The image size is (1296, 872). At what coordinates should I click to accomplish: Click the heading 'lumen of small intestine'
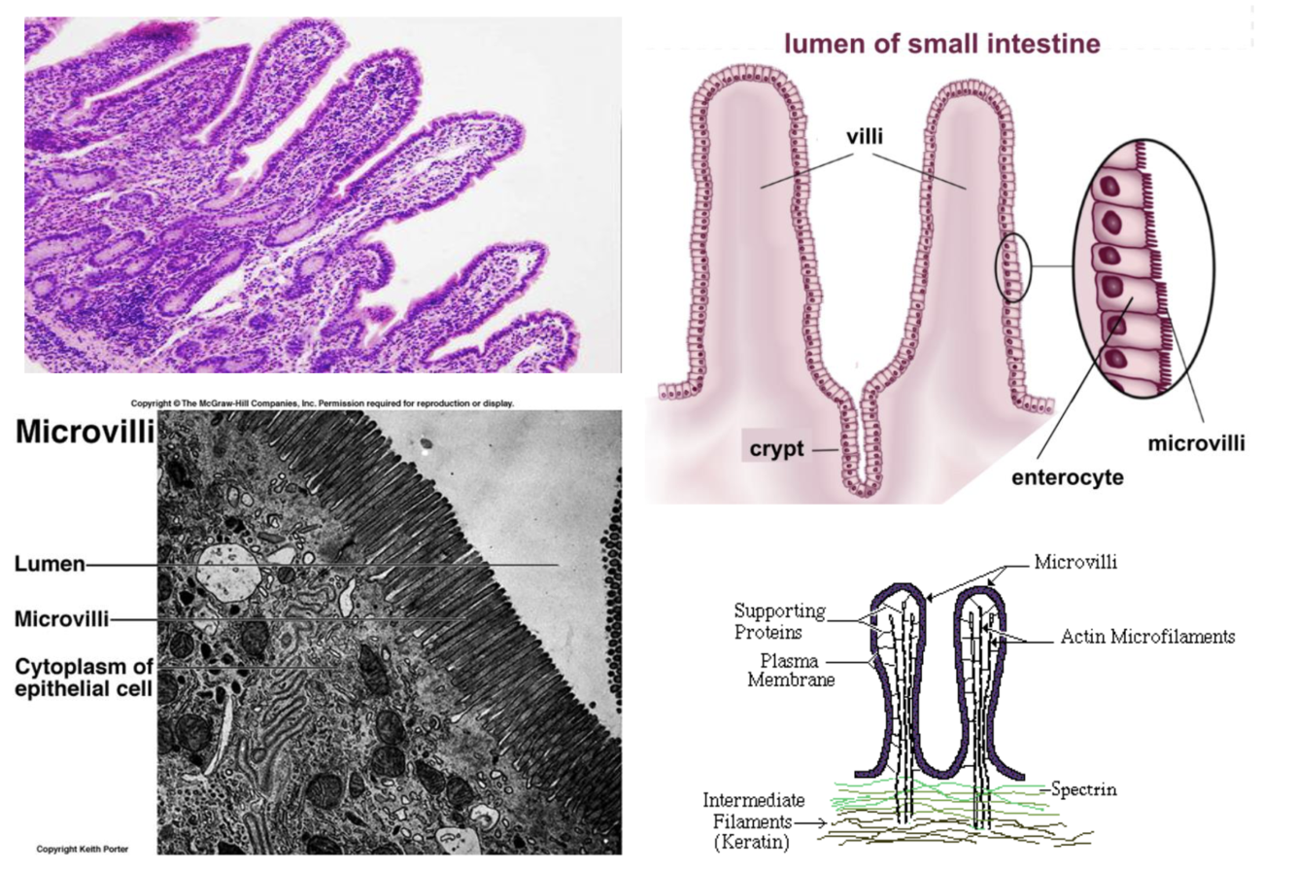pos(941,44)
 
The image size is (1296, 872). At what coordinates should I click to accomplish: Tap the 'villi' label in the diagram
pos(864,137)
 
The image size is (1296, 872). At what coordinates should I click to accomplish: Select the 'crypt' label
pos(776,450)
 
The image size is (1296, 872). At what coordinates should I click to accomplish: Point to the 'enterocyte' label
pos(1067,477)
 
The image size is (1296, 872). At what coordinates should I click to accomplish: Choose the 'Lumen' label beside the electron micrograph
pos(50,564)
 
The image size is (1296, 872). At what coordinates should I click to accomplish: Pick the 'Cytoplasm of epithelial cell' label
pos(84,678)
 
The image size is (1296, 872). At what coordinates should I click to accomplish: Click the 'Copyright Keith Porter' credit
pos(82,849)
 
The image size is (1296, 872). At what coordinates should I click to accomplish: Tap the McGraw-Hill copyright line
pos(323,403)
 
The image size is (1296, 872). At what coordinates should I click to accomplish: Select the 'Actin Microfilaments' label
pos(1147,637)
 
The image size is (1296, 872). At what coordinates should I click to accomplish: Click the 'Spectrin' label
pos(1083,789)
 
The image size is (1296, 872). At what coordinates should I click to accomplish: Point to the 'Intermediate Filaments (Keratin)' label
pos(754,821)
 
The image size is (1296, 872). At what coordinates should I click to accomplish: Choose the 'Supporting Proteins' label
pos(779,621)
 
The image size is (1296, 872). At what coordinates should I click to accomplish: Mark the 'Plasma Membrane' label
pos(791,671)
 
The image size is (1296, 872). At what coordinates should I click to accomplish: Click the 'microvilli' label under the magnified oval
pos(1196,443)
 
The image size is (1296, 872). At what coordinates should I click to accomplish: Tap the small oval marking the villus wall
pos(1012,265)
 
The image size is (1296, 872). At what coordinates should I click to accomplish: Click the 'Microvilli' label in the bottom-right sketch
pos(1074,562)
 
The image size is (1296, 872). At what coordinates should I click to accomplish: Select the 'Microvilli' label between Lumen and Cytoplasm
pos(62,618)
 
